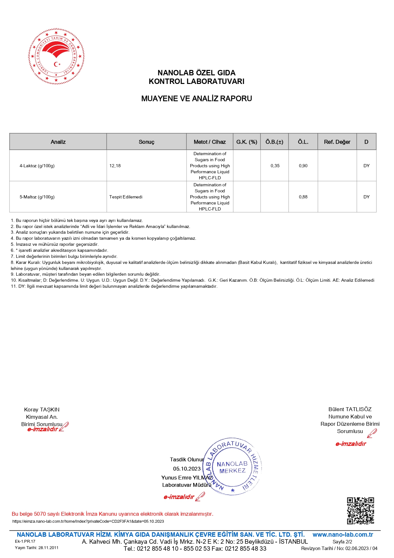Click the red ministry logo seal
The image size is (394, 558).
tap(56, 56)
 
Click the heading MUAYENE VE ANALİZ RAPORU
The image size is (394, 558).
tap(196, 99)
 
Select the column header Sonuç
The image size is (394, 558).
tap(146, 142)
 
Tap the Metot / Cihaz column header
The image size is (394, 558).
tap(210, 142)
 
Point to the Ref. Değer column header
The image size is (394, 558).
tap(337, 142)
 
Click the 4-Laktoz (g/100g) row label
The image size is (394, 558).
tap(37, 166)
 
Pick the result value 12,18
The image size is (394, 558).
tap(115, 166)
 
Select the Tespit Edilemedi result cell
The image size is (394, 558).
tap(126, 197)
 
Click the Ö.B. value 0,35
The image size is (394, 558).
tap(275, 166)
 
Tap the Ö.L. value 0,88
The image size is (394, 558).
tap(303, 197)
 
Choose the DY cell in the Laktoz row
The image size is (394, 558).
tap(366, 166)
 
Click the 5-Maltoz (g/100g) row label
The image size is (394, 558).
tap(37, 197)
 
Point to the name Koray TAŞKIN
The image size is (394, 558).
tap(42, 410)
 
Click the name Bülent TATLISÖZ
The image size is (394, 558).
tap(350, 409)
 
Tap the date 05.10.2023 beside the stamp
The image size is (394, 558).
tap(187, 469)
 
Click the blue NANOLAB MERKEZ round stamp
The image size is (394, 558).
tap(232, 467)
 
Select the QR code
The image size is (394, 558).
tap(360, 511)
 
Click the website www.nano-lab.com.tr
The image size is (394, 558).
tap(343, 534)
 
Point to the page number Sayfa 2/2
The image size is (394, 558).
tap(342, 541)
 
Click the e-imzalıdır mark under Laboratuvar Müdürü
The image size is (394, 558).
tap(179, 497)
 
